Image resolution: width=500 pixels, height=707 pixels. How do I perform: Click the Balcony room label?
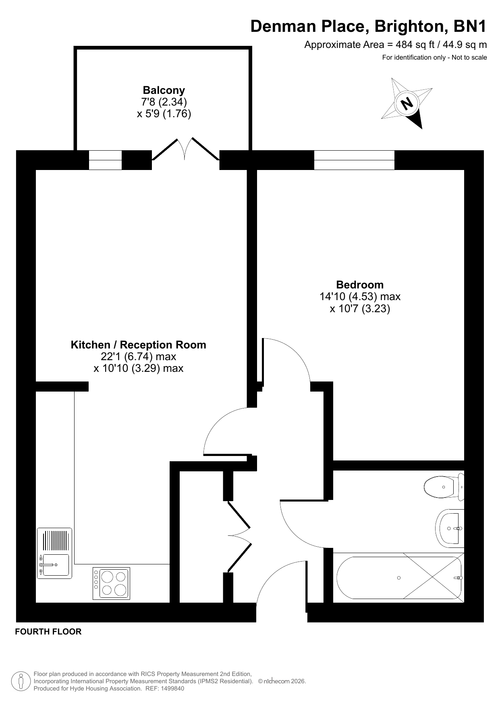[x=164, y=90]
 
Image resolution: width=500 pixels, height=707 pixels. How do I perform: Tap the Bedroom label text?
[x=360, y=285]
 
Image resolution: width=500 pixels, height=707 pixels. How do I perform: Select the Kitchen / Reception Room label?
[x=138, y=345]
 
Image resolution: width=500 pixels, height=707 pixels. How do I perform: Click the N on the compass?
[x=407, y=104]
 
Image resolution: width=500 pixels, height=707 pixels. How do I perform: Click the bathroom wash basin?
[x=450, y=528]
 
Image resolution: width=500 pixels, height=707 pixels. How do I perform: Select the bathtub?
[x=399, y=578]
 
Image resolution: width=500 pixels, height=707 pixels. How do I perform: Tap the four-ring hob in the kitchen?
[x=112, y=584]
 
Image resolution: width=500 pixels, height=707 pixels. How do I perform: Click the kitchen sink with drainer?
[x=54, y=553]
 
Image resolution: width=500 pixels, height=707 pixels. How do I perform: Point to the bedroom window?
[x=354, y=160]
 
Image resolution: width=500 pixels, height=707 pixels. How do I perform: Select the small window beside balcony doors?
[x=105, y=160]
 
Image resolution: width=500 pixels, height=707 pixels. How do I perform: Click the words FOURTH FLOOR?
[x=48, y=632]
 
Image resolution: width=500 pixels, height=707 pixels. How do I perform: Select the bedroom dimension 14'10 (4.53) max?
[x=360, y=297]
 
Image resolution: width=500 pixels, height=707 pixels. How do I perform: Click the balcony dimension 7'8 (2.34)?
[x=164, y=102]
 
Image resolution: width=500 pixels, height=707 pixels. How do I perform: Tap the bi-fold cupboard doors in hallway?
[x=239, y=536]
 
